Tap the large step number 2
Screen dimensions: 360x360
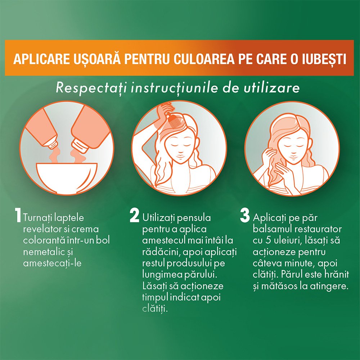(x=134, y=216)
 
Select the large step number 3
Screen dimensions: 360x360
(x=245, y=216)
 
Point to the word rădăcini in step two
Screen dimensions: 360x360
(x=159, y=252)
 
